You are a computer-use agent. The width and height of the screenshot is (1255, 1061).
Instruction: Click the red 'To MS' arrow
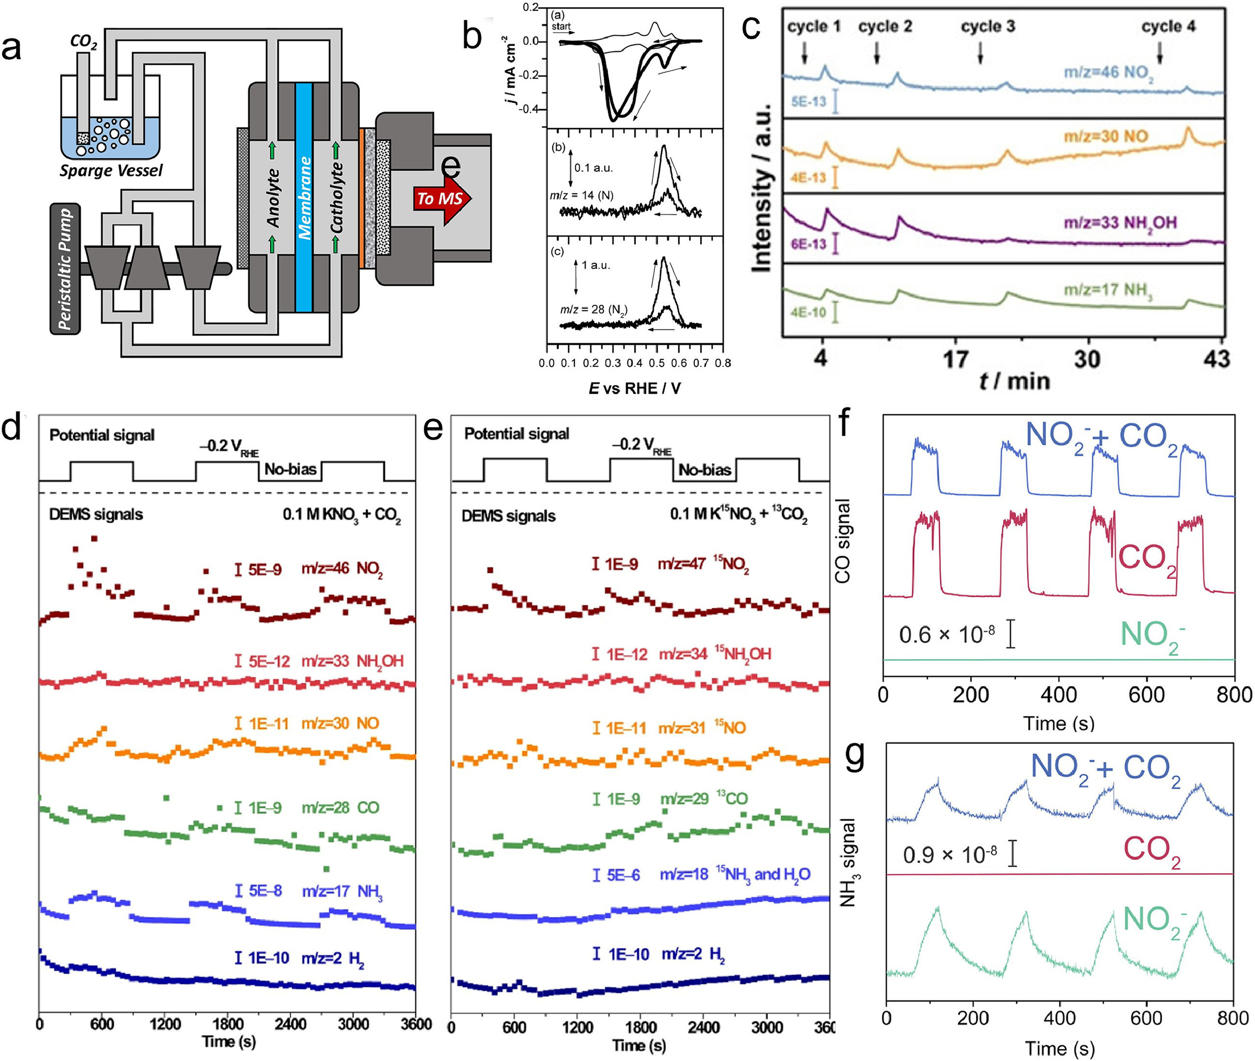[x=441, y=198]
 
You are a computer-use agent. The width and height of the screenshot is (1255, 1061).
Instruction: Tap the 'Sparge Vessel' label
[x=111, y=171]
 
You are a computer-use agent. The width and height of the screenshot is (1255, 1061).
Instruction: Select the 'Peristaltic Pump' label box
[x=66, y=269]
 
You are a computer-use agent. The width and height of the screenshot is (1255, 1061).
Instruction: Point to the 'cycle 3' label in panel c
[x=988, y=26]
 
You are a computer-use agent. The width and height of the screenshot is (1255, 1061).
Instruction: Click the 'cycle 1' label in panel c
[x=814, y=26]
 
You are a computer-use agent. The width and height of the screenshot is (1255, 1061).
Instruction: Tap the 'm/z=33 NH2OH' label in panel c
[x=1120, y=223]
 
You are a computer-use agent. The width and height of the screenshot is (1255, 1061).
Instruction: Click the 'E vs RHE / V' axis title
[x=635, y=388]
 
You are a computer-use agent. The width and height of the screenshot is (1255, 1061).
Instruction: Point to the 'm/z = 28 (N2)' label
[x=594, y=310]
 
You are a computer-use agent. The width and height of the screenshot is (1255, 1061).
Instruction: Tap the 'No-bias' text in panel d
[x=291, y=469]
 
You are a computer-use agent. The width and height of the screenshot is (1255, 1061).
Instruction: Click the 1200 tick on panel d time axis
[x=165, y=1024]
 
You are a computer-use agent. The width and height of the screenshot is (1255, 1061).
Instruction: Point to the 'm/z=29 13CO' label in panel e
[x=704, y=799]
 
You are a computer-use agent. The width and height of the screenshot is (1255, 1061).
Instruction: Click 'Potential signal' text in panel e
[x=516, y=433]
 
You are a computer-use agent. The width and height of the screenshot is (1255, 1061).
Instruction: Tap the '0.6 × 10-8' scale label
[x=947, y=634]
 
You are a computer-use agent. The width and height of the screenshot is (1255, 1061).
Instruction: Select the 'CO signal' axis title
[x=844, y=541]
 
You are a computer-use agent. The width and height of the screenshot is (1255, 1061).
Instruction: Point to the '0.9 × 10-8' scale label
[x=950, y=855]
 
